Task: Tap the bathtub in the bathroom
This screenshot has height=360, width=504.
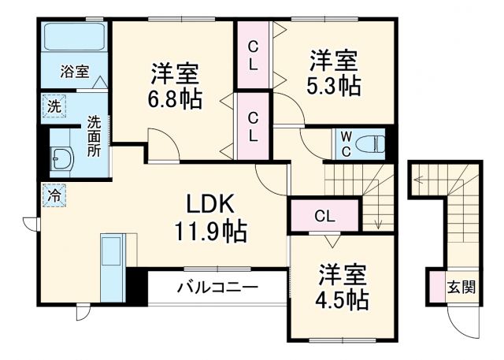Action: click(x=75, y=38)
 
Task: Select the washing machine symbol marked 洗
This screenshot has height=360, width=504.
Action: click(x=53, y=105)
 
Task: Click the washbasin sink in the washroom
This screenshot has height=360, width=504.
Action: click(x=61, y=158)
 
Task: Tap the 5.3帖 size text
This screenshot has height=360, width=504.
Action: click(x=334, y=84)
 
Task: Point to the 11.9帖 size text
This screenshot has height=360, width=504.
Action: click(x=211, y=232)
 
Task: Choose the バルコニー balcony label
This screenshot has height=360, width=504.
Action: click(x=216, y=288)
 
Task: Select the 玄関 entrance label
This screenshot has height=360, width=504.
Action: click(x=462, y=288)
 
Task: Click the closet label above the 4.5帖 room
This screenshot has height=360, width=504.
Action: click(x=324, y=216)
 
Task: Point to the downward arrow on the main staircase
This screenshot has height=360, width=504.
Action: click(x=378, y=213)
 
